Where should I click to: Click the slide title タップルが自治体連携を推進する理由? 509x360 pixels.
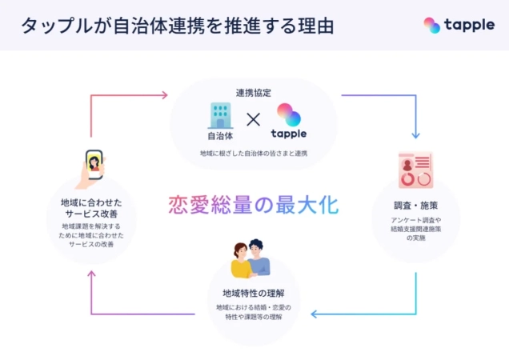pos(178,25)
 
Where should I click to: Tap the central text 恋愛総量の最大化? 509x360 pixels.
pos(253,204)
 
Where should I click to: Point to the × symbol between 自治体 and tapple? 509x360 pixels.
pos(253,120)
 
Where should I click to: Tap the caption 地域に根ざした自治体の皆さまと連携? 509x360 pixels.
pos(253,152)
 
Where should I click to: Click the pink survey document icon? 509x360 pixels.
pos(415,170)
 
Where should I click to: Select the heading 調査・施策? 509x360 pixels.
pos(415,204)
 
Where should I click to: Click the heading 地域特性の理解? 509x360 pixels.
pos(254,291)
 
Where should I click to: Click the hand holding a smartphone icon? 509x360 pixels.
pos(94,169)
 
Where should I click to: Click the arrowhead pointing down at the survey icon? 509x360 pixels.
pos(415,133)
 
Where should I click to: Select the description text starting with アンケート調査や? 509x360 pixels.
pos(415,229)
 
